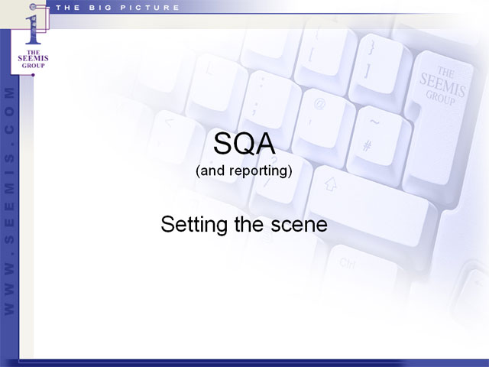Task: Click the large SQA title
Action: point(244,144)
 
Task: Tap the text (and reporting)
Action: point(244,171)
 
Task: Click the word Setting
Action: point(194,225)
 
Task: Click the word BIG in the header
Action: point(100,8)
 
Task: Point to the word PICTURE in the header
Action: point(150,8)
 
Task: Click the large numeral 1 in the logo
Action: point(33,30)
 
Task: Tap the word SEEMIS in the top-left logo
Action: point(33,58)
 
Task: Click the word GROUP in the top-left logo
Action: point(33,66)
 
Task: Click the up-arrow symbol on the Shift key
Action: point(331,184)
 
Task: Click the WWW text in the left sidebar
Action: point(9,290)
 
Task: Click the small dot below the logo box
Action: point(33,75)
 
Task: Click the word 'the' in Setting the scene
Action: point(249,224)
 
